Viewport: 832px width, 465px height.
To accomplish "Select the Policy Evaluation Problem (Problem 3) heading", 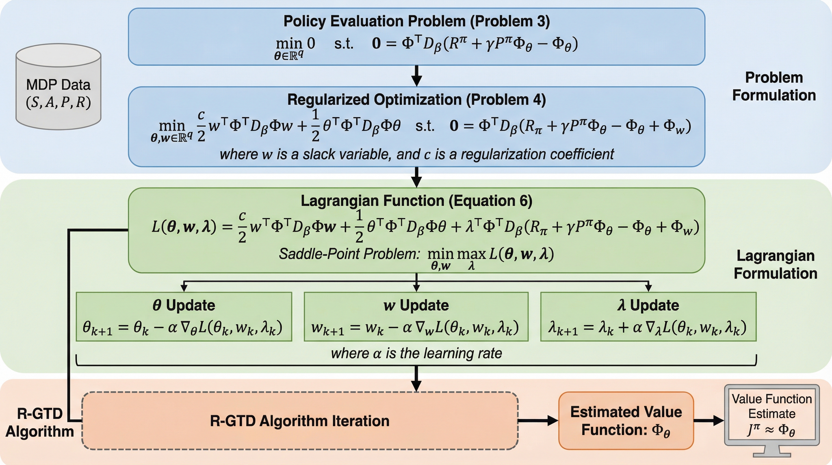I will coord(416,21).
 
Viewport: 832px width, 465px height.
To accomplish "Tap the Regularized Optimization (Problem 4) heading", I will coord(416,100).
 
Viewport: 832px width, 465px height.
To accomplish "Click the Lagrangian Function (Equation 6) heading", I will coord(416,201).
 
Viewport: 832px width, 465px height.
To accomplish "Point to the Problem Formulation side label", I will coord(774,86).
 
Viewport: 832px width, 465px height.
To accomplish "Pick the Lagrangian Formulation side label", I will coord(775,265).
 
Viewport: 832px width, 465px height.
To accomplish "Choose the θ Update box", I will coord(184,317).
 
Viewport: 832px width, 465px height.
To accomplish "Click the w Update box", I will coord(416,317).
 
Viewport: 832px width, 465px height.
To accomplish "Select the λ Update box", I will coord(648,317).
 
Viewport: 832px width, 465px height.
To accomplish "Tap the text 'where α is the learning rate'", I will coord(416,353).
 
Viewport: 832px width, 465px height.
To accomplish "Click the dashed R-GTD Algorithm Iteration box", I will coord(300,421).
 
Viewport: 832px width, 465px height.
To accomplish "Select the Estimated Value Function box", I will coord(626,421).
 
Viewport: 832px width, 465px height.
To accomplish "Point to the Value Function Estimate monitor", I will coord(772,416).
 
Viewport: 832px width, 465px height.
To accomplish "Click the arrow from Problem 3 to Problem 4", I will coord(417,76).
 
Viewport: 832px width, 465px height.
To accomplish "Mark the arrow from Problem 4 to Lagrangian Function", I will coord(417,177).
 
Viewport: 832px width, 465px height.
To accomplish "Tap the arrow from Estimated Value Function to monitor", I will coord(709,421).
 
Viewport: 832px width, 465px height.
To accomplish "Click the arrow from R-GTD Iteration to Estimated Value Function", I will coord(538,421).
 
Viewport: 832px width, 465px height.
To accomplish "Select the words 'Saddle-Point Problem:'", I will coord(349,254).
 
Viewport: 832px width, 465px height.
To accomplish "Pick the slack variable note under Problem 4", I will coord(416,154).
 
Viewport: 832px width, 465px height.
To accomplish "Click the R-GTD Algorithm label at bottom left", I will coord(39,422).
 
